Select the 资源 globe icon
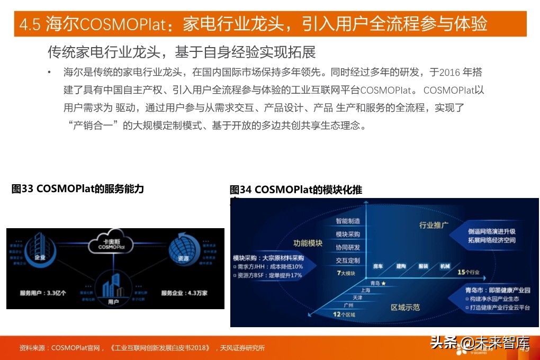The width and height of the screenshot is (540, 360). tap(182, 250)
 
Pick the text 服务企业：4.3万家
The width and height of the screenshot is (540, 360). tap(184, 293)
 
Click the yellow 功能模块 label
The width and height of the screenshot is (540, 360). tap(308, 243)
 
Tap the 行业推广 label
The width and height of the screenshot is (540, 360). tap(434, 225)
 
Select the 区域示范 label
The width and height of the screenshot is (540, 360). tap(405, 307)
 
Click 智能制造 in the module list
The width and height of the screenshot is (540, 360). tap(348, 221)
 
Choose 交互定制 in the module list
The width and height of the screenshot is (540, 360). tap(348, 260)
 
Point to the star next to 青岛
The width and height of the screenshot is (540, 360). tap(383, 283)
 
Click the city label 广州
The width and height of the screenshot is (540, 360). tap(348, 305)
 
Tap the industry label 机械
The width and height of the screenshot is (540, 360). tap(444, 266)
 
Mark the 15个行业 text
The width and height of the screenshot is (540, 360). tap(469, 273)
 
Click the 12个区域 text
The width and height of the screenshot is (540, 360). tap(344, 315)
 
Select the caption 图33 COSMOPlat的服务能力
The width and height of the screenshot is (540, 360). tap(78, 189)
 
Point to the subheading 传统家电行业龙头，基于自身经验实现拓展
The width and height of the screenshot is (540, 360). tap(182, 52)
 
